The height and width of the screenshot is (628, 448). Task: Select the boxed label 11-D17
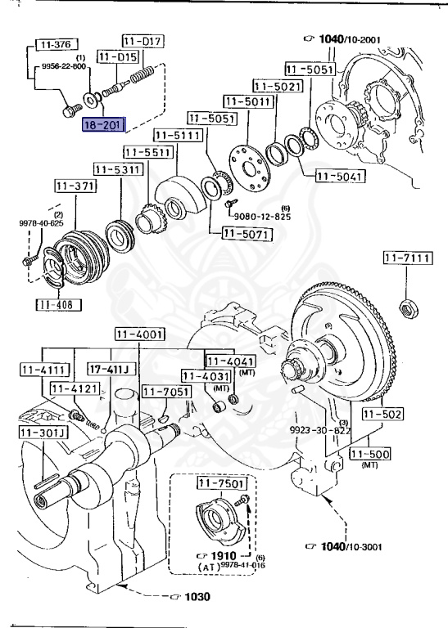[143, 40]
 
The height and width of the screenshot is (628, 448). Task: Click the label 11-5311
[117, 169]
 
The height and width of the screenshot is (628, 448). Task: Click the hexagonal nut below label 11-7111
[404, 308]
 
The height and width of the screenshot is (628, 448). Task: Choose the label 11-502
[382, 415]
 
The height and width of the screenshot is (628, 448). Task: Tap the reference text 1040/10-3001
[349, 545]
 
